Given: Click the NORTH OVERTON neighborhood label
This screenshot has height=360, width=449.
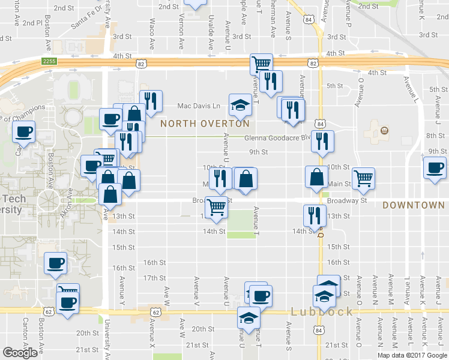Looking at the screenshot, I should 205,124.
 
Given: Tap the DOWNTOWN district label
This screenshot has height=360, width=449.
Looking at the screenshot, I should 414,205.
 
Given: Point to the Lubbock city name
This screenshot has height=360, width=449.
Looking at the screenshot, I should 322,312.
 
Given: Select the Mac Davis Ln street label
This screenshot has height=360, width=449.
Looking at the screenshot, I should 199,106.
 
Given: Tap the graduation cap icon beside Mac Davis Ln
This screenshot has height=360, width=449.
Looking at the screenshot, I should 240,104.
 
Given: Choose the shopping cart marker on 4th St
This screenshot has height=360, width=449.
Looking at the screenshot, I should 262,63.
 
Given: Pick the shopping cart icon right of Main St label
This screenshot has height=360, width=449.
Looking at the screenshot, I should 363,178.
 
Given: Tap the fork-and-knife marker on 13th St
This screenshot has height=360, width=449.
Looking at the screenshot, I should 315,215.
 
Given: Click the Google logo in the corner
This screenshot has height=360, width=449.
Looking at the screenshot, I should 20,353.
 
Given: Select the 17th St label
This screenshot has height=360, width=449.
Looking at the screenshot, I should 155,278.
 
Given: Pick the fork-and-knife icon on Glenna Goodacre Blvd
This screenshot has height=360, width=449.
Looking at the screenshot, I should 322,141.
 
